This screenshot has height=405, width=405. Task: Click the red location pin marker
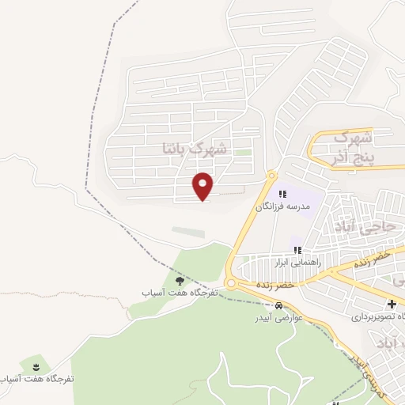(x=204, y=185)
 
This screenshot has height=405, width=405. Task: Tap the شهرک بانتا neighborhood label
(x=194, y=148)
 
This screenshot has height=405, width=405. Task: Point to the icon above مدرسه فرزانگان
(x=283, y=193)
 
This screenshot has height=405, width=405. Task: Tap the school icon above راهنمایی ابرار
(x=297, y=251)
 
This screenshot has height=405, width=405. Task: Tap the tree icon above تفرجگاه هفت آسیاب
(x=180, y=281)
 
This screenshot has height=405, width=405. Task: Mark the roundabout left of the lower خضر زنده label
(x=231, y=284)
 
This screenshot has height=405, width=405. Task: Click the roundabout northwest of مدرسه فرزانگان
(x=272, y=176)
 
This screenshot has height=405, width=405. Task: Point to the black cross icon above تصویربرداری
(x=392, y=304)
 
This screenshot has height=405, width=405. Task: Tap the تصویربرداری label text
(x=380, y=316)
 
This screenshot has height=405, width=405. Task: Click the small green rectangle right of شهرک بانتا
(x=243, y=152)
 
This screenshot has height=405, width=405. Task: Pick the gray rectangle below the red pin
(x=188, y=232)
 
